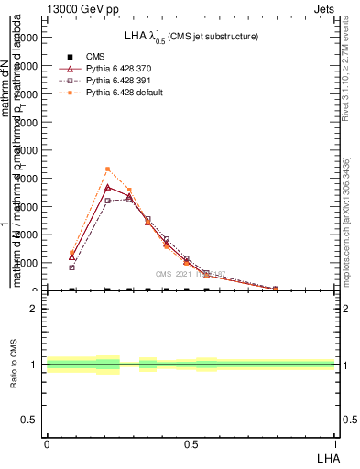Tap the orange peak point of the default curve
click(x=107, y=169)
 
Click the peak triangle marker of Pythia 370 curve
click(x=107, y=188)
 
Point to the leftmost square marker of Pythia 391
click(x=71, y=267)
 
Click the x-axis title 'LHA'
click(x=328, y=456)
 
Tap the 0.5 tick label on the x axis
click(x=191, y=443)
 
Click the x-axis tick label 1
click(x=335, y=443)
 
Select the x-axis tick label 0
click(x=47, y=443)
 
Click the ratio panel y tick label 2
click(x=33, y=309)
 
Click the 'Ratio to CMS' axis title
click(x=13, y=364)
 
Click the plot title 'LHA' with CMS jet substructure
click(x=191, y=36)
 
